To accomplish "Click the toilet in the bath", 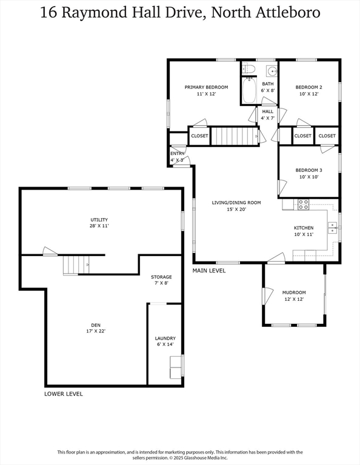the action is point(248,69).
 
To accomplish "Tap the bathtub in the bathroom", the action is point(249,90).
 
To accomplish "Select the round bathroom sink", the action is point(272,71).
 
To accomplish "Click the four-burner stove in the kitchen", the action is point(303,205).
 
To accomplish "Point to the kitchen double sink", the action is point(332,228).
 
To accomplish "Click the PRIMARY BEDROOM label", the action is point(206,87).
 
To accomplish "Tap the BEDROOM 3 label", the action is point(308,170).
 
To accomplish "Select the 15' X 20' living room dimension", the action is point(236,209).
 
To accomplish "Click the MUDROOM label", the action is point(294,292).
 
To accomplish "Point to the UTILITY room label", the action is point(99,220).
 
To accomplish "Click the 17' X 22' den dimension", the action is point(96,331).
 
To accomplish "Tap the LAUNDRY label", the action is point(165,338).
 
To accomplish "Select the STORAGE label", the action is point(161,277).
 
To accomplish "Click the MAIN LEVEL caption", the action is point(209,271).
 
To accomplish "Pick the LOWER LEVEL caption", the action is point(64,394).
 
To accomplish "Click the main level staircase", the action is point(235,136).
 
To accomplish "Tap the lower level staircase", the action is point(76,265).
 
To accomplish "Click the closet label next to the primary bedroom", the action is point(199,136).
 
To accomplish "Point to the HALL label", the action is point(268,111).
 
